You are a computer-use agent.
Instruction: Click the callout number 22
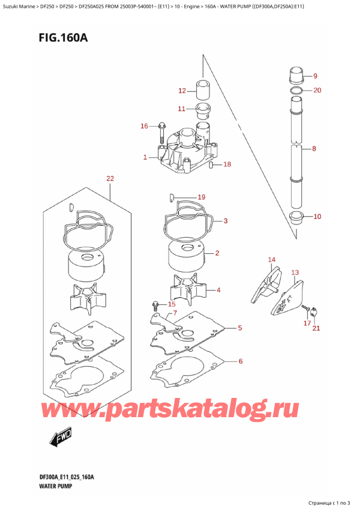[x=110, y=178]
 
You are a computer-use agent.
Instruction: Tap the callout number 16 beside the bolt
[x=144, y=126]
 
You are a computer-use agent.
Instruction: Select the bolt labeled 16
[x=161, y=133]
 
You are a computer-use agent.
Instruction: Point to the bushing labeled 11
[x=203, y=111]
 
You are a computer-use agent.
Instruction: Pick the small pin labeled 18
[x=211, y=164]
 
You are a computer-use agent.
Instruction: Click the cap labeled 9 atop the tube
[x=296, y=75]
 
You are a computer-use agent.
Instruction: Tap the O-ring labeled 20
[x=296, y=91]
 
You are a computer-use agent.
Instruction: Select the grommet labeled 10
[x=296, y=217]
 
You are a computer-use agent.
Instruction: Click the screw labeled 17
[x=304, y=308]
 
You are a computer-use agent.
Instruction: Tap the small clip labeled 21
[x=314, y=312]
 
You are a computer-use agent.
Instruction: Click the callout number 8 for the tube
[x=314, y=149]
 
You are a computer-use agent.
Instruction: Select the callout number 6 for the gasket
[x=241, y=361]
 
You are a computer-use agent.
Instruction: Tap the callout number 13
[x=295, y=273]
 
